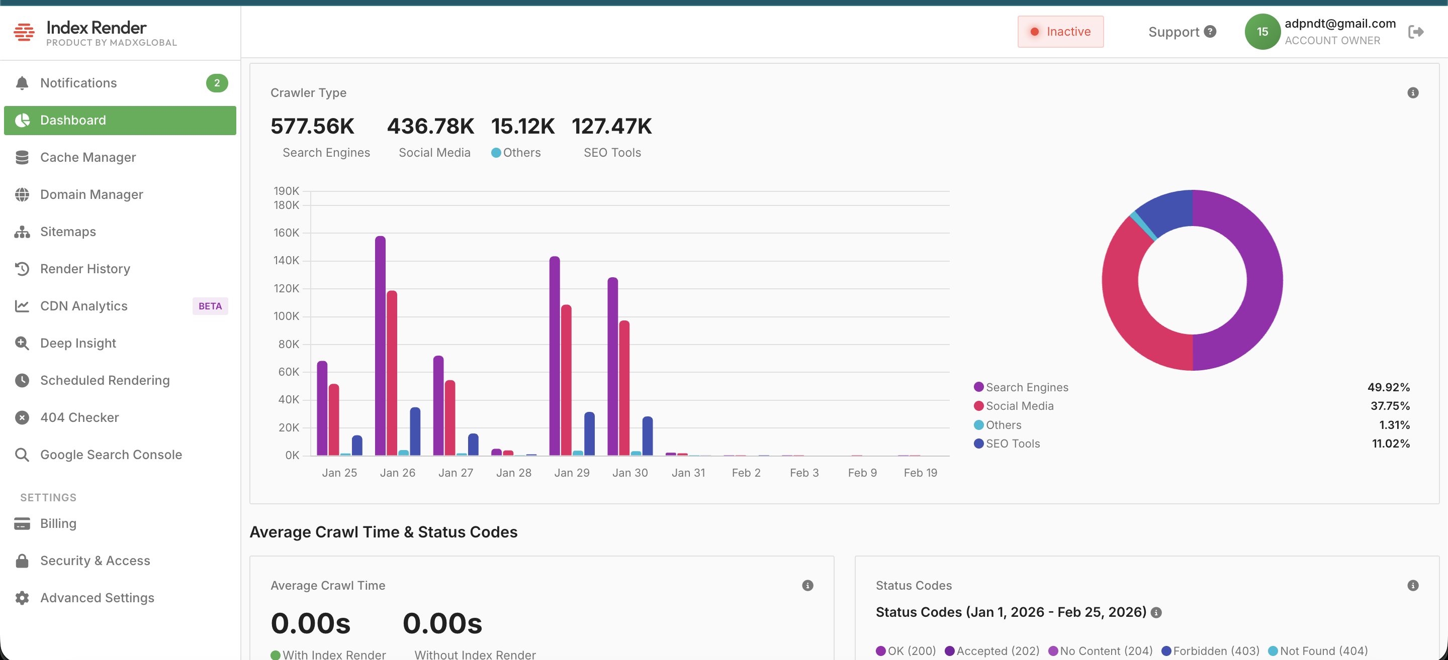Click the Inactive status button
click(x=1060, y=32)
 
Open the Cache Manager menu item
click(x=87, y=157)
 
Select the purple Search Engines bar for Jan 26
click(x=380, y=346)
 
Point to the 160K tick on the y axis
click(x=286, y=233)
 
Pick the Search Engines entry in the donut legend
click(x=1026, y=387)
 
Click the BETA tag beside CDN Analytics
click(x=210, y=306)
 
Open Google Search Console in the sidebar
click(x=111, y=455)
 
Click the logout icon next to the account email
click(x=1415, y=32)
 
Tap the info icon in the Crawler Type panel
click(x=1413, y=93)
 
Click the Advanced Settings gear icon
click(x=22, y=598)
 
